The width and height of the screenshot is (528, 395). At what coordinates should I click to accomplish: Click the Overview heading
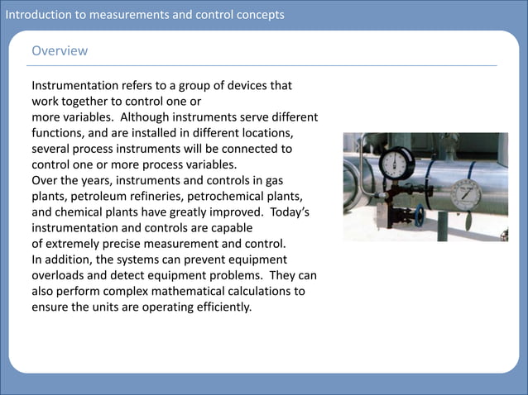(60, 51)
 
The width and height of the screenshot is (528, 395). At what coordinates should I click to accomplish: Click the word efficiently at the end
(221, 307)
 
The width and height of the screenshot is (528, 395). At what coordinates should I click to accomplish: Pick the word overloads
(59, 275)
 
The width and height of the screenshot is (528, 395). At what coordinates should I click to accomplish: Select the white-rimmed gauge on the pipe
(466, 196)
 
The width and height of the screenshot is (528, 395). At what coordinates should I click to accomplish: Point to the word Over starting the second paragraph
(45, 180)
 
